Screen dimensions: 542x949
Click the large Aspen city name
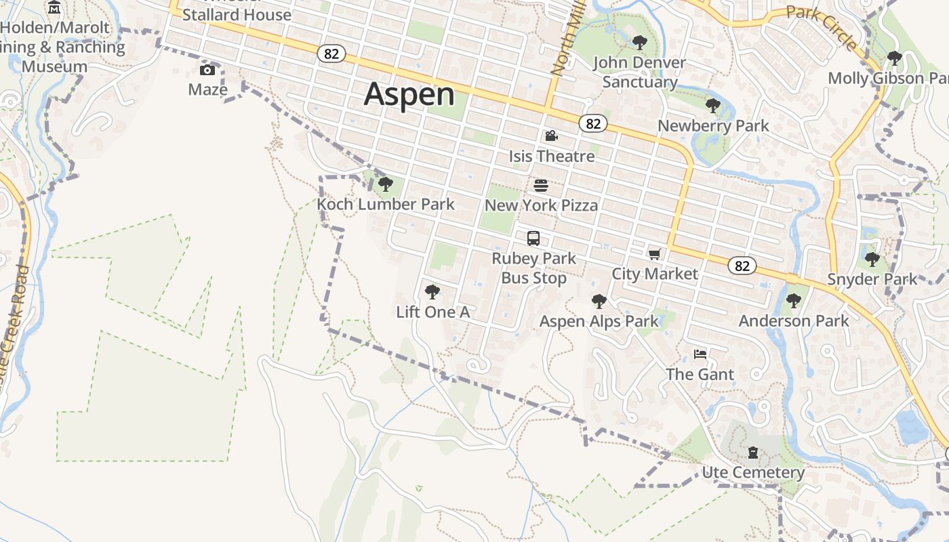click(x=409, y=93)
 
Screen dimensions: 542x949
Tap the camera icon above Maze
click(x=207, y=70)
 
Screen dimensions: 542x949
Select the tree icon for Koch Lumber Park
click(x=386, y=184)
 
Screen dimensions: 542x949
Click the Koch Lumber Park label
click(x=386, y=204)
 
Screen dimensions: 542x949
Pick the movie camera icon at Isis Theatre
click(x=551, y=136)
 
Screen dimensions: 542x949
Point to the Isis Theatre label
click(x=551, y=156)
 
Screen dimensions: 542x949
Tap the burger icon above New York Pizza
click(x=541, y=186)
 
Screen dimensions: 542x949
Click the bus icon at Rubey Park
click(x=533, y=238)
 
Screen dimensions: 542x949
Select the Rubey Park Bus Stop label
click(x=533, y=268)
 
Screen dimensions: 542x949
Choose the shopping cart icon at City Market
click(x=654, y=255)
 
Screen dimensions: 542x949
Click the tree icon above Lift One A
click(x=432, y=292)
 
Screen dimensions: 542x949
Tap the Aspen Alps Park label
click(x=599, y=321)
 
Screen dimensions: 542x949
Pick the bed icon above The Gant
click(x=700, y=354)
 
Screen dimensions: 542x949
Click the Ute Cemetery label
click(x=753, y=472)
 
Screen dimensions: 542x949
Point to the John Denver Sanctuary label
click(x=639, y=72)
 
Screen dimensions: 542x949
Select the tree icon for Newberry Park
click(x=712, y=106)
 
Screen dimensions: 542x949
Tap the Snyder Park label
click(x=872, y=279)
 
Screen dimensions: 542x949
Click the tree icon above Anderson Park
click(x=793, y=301)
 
